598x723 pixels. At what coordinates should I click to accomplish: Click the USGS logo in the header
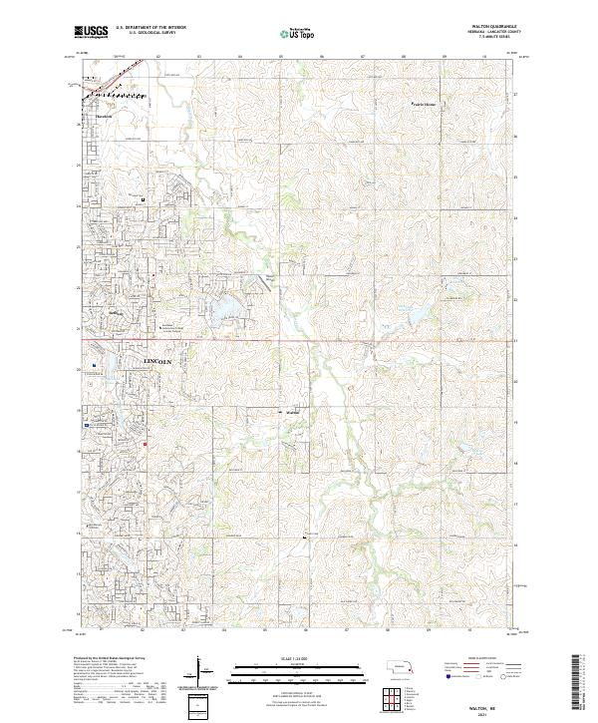91,32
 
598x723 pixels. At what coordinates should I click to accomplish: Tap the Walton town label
292,413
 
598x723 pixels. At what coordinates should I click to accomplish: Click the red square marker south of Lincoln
145,444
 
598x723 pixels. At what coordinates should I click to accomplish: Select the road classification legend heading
488,658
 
